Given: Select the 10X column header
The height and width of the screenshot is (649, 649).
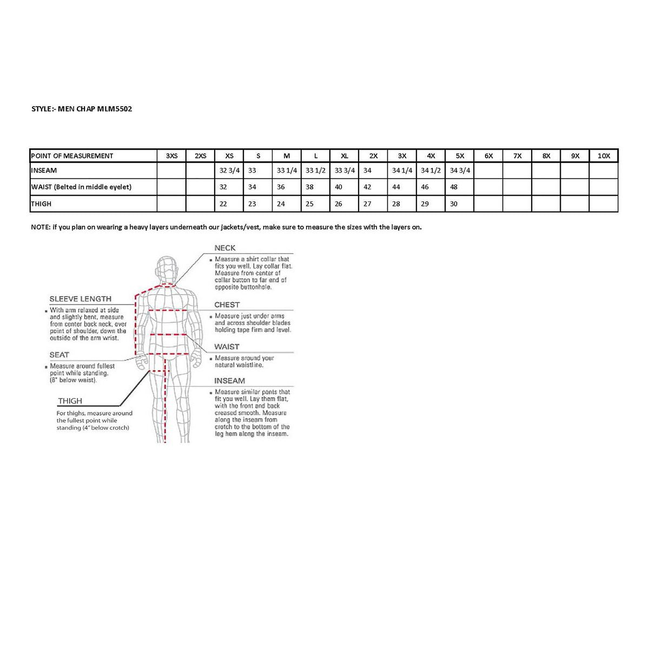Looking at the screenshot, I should tap(604, 156).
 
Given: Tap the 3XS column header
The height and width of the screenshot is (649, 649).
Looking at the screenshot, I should tap(171, 156).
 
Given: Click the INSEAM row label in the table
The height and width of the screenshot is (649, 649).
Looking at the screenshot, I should tap(44, 170).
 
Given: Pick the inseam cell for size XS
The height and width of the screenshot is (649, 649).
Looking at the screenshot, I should tap(229, 170).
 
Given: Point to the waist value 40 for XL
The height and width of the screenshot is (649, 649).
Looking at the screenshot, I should tap(339, 187).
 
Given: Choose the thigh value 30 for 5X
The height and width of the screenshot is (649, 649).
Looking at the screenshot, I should tap(454, 204).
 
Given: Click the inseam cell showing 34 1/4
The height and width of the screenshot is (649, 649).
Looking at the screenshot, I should tap(402, 170).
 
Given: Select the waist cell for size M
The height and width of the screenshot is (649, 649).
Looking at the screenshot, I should tap(281, 187).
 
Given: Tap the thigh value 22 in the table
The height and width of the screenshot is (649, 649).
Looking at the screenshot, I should tap(223, 204).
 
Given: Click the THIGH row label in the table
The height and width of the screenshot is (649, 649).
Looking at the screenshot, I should tap(42, 204).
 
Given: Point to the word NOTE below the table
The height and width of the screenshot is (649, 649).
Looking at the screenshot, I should tap(40, 227).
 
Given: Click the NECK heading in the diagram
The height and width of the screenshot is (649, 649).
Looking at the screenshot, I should tap(225, 248).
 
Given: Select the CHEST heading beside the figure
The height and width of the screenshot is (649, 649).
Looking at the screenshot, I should tap(227, 305).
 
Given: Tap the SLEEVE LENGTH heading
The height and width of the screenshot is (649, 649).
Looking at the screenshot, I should tap(80, 299).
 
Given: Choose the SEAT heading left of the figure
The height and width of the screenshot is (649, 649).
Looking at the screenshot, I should tap(59, 355).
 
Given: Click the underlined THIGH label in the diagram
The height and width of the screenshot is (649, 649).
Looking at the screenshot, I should tap(70, 401).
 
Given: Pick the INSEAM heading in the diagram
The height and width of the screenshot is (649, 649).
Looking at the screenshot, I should tap(229, 381).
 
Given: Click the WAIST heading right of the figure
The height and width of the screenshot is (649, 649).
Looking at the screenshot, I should tap(227, 347).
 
